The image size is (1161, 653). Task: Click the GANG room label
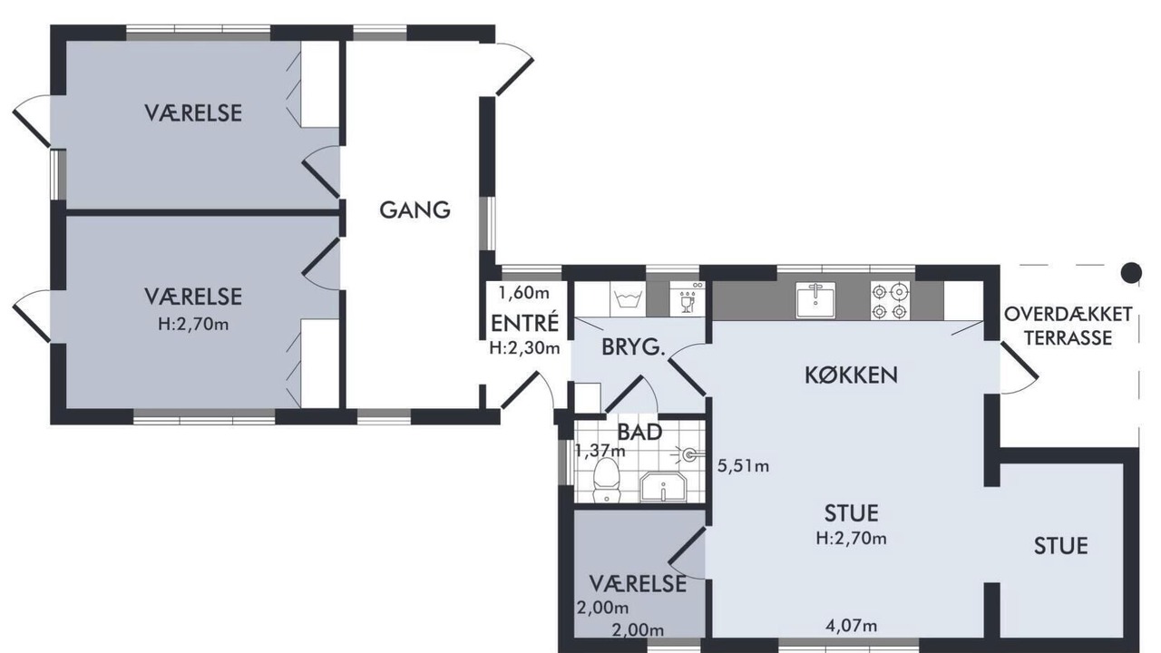(x=415, y=210)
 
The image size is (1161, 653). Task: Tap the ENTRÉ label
(x=525, y=324)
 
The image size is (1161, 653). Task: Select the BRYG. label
(x=633, y=347)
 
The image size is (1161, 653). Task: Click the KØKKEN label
(x=851, y=375)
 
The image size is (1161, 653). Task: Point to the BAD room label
(x=639, y=432)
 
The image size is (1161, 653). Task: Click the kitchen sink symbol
(x=815, y=301)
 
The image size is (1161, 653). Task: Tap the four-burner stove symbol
(x=890, y=301)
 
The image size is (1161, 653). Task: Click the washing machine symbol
(x=628, y=299)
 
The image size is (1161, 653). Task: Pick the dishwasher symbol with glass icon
(x=688, y=299)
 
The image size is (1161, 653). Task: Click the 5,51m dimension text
(x=743, y=466)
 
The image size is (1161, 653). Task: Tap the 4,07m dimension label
(x=852, y=626)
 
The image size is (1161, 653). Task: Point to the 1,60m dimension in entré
(x=524, y=293)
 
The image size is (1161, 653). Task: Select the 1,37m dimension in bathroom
(x=600, y=451)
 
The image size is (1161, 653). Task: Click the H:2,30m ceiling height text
(x=524, y=347)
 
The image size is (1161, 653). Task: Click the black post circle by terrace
(x=1131, y=273)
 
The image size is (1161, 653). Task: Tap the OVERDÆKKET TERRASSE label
(x=1068, y=326)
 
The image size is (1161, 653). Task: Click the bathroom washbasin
(x=663, y=487)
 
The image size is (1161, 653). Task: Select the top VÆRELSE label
(x=193, y=113)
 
